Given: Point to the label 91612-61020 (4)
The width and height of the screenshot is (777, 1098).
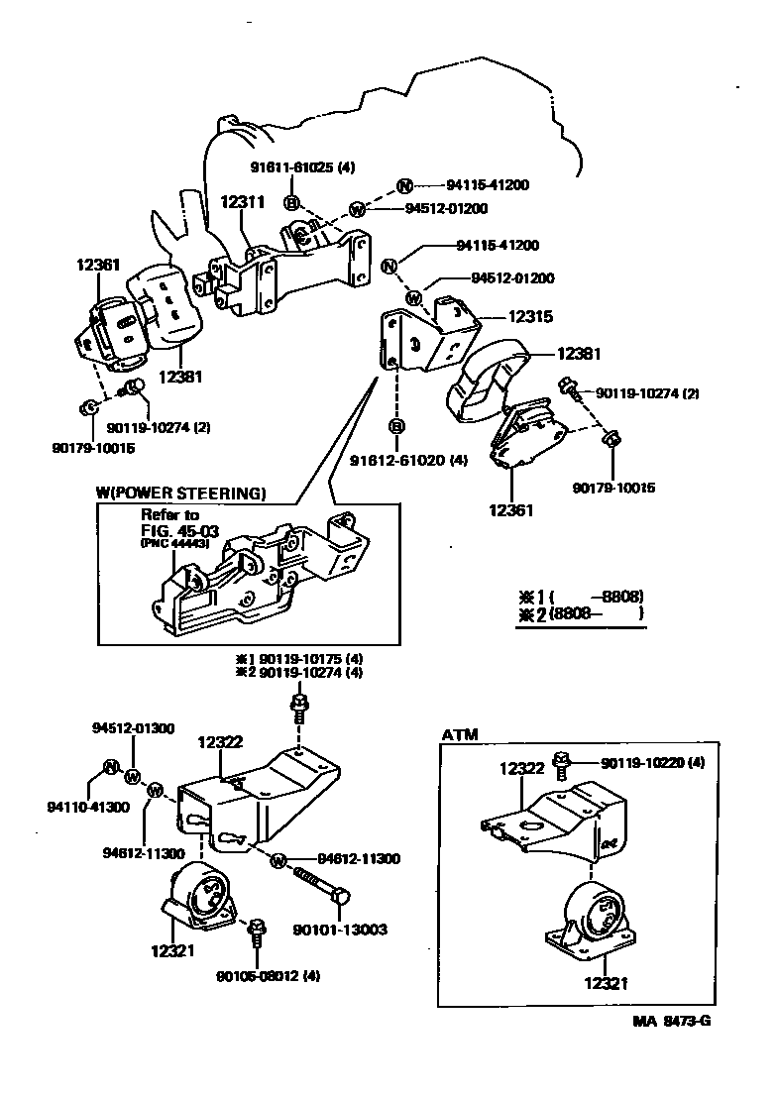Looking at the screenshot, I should point(422,460).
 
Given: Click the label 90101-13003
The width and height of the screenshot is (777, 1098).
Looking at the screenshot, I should point(340,930).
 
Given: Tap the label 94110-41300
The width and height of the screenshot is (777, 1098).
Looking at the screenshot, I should point(90,808).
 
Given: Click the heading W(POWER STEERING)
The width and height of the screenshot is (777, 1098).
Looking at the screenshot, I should point(181,493).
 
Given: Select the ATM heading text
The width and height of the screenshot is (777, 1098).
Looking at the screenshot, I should point(460,735).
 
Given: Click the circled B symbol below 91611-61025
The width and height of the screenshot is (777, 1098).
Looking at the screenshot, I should point(291,202).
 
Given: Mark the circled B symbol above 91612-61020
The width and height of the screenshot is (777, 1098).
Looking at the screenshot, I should point(396,426).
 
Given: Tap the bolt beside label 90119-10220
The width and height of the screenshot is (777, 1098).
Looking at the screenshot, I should point(561,763).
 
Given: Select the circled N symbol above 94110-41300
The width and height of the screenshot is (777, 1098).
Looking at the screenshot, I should point(111,767).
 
